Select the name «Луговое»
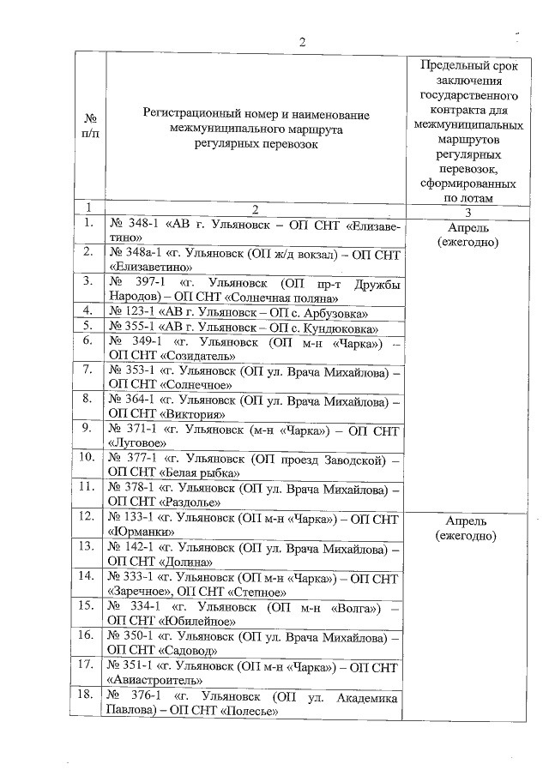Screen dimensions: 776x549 click(x=144, y=442)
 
